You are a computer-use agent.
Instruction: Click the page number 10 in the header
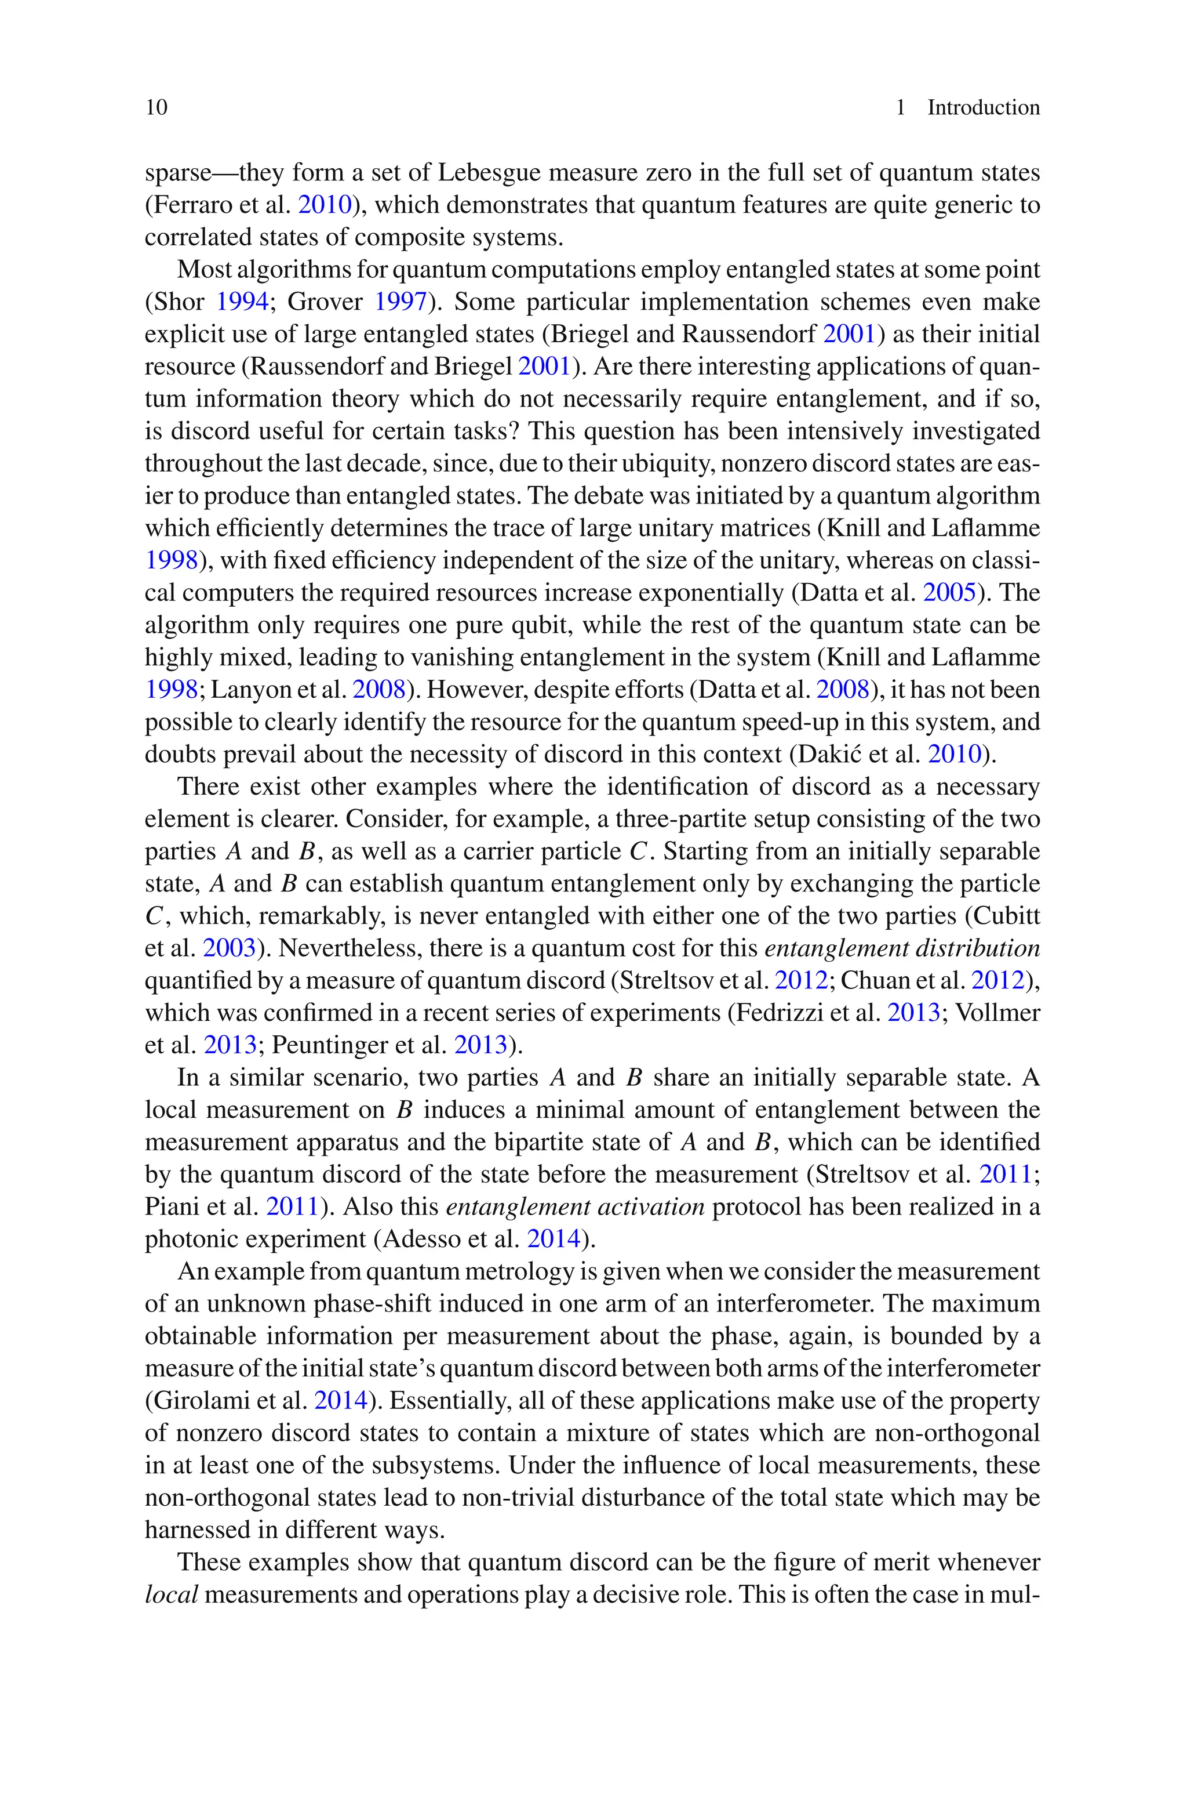(156, 107)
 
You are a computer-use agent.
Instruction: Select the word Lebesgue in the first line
(488, 173)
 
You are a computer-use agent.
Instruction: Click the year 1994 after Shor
(242, 302)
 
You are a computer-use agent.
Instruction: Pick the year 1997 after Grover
(400, 302)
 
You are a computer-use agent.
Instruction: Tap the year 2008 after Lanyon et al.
(378, 690)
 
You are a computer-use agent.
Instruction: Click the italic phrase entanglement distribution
(902, 948)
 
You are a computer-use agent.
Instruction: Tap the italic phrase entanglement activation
(576, 1206)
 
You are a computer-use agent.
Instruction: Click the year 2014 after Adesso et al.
(552, 1239)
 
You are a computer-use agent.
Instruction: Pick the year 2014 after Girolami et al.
(340, 1400)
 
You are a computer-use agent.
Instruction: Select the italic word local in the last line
(171, 1595)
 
